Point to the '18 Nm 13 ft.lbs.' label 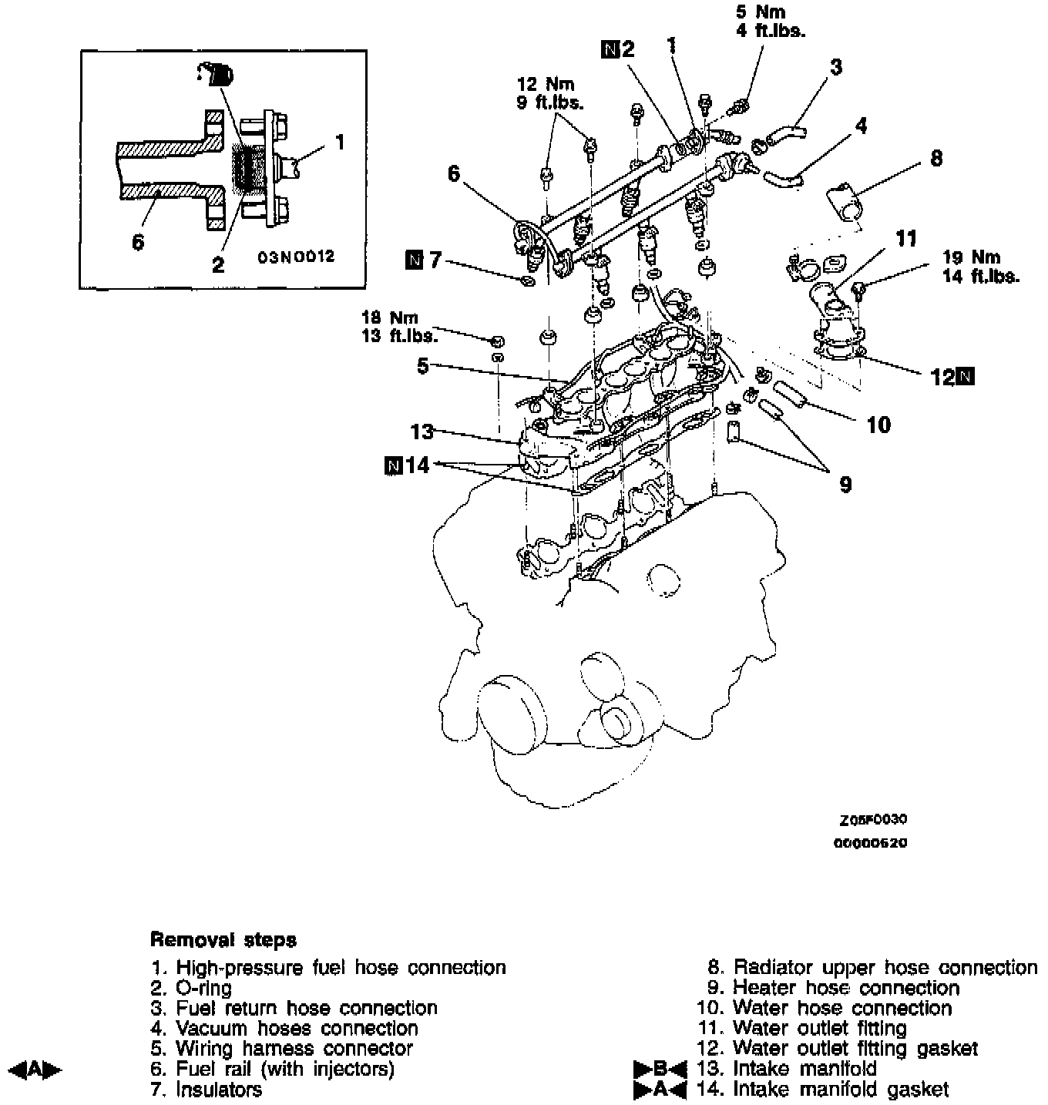(398, 327)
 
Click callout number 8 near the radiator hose (935, 159)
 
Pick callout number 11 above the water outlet (906, 240)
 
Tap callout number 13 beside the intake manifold (422, 432)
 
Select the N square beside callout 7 (413, 261)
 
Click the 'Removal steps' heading (223, 940)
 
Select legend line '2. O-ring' (192, 988)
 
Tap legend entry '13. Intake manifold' (786, 1069)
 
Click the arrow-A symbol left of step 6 (34, 1069)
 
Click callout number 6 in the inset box (137, 242)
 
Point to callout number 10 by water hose (878, 425)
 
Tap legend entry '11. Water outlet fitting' (801, 1028)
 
